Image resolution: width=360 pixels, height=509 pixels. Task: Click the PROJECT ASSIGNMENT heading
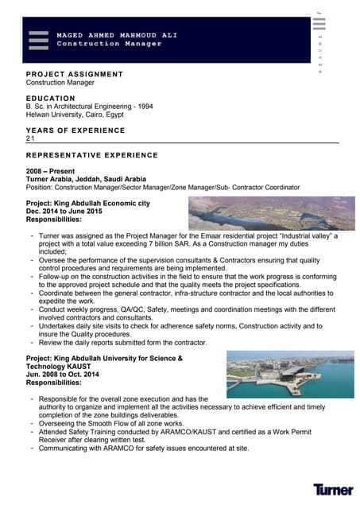[x=75, y=74]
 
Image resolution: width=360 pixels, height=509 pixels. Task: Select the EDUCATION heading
[x=50, y=98]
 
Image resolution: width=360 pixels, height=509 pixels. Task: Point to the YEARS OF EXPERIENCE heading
[x=75, y=130]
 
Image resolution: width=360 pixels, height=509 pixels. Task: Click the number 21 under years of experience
[x=31, y=138]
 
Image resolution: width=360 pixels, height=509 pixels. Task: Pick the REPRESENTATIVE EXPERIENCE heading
[x=92, y=155]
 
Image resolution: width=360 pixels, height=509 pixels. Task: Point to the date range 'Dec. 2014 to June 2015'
[x=64, y=211]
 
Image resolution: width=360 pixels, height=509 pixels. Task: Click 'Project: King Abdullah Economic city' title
[x=87, y=204]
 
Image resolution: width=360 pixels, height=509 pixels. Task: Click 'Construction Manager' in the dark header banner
[x=109, y=44]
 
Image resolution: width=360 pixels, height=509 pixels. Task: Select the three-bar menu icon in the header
[x=38, y=40]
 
